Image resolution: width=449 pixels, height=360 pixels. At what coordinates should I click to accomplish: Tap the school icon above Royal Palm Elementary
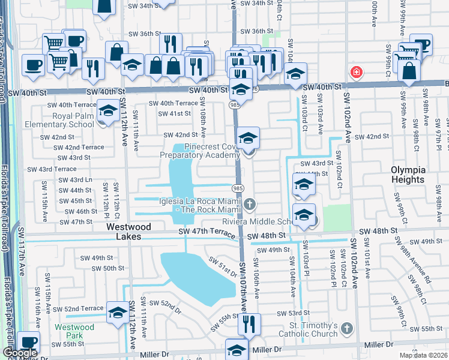click(108, 112)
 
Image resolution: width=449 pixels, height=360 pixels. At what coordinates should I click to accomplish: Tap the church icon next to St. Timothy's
click(346, 327)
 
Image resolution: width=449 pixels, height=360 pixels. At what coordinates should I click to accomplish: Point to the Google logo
click(20, 353)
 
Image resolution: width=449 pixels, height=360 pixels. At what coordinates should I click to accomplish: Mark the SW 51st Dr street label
click(223, 268)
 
